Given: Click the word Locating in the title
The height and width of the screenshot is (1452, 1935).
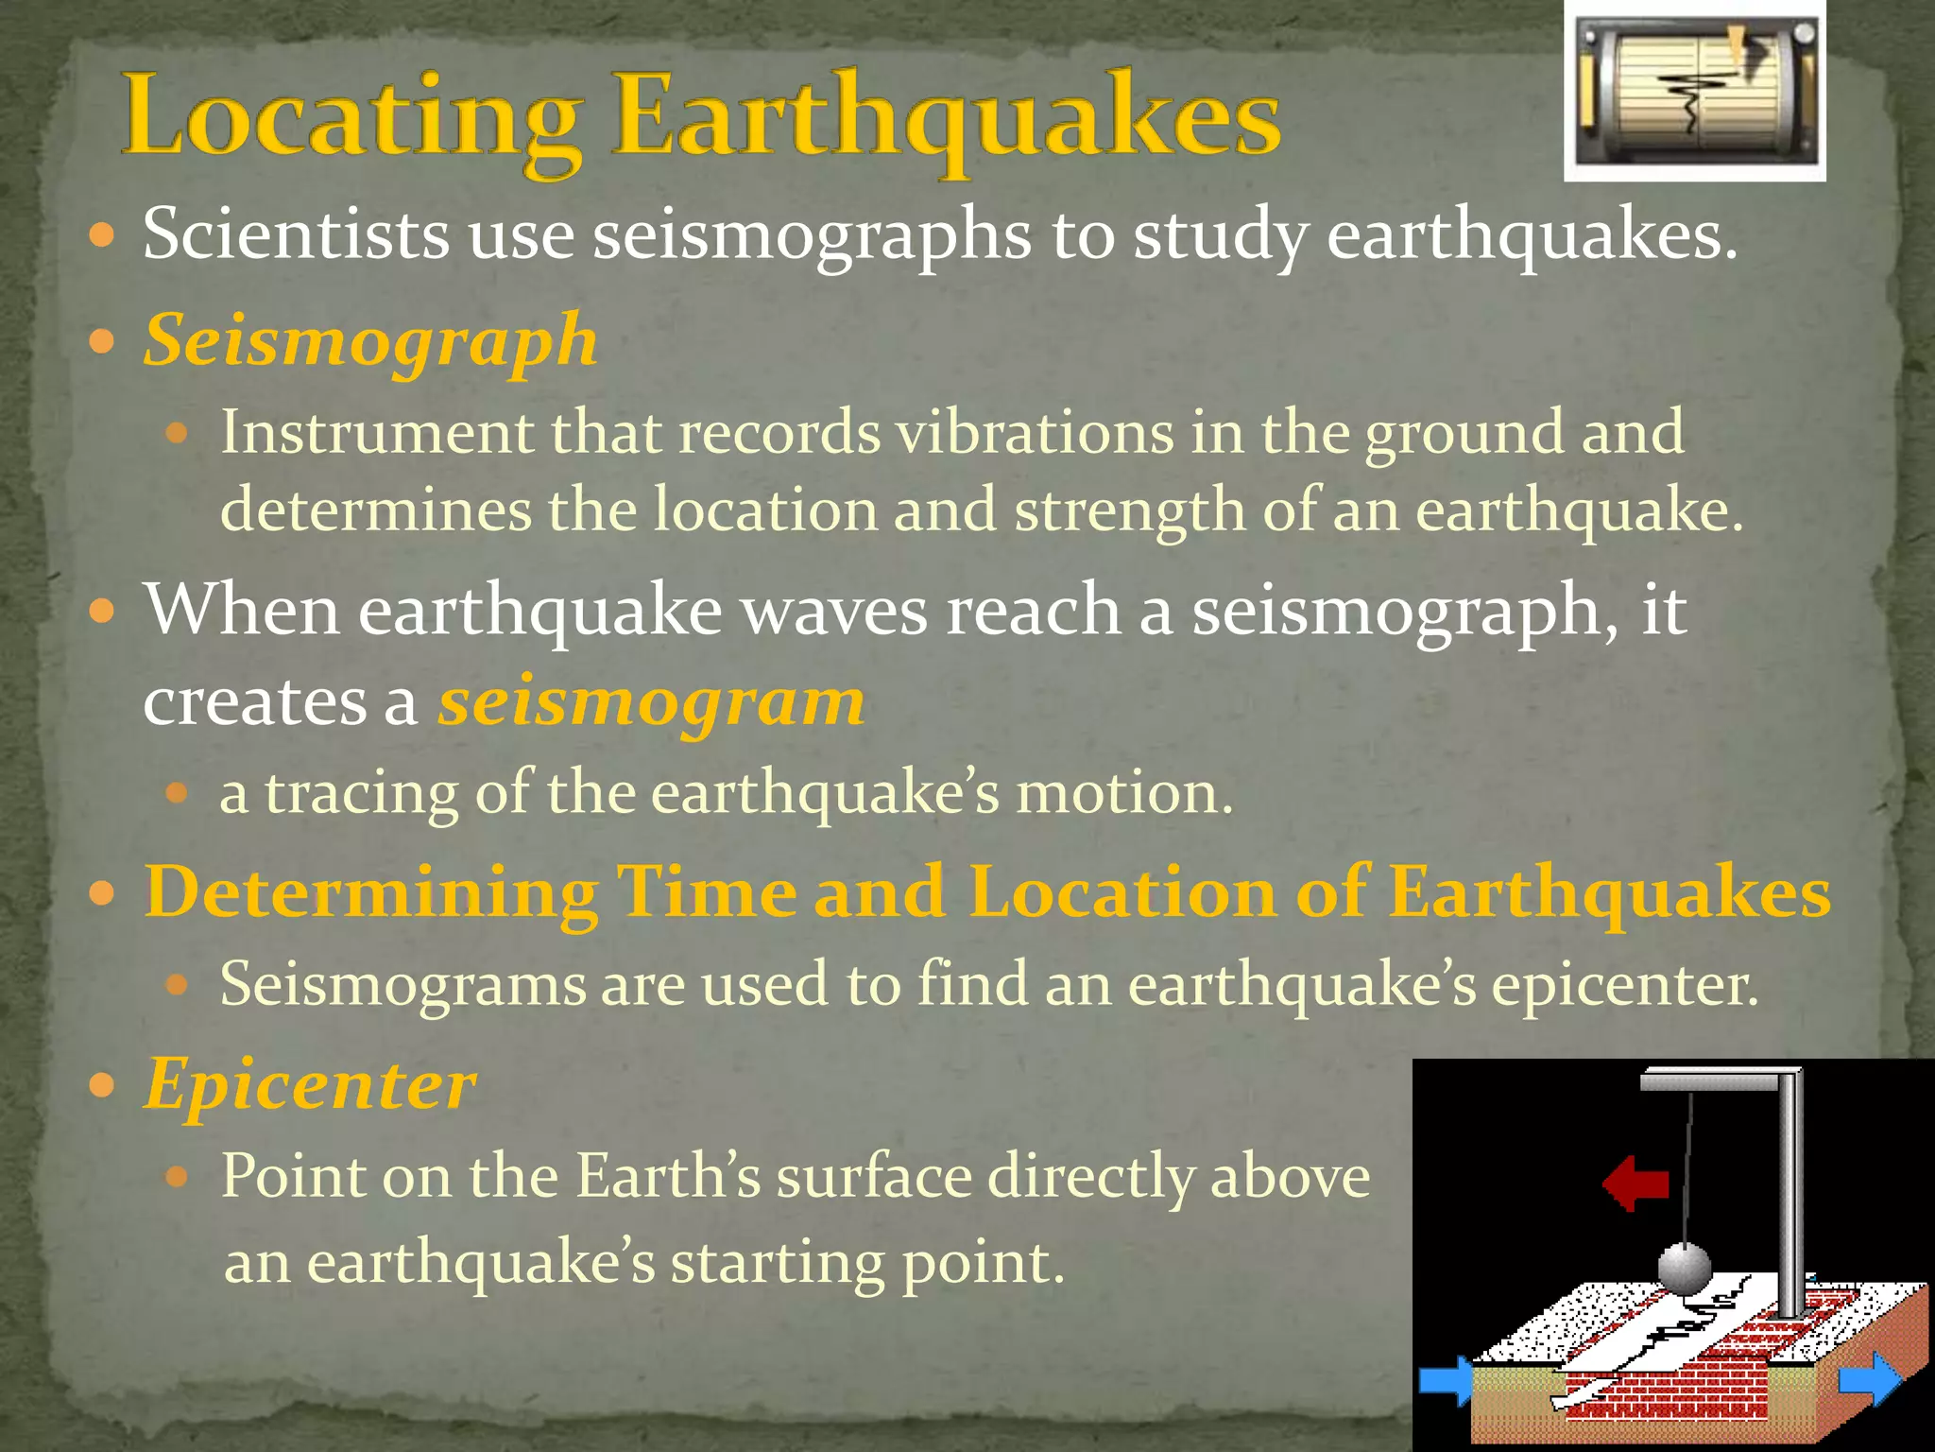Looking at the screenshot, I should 350,118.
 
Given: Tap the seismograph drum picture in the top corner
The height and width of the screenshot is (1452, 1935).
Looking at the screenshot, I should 1694,92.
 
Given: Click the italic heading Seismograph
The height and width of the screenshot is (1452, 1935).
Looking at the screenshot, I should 370,340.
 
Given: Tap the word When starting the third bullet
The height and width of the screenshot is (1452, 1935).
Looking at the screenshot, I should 241,610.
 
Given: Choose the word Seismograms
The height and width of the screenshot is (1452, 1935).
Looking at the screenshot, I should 402,985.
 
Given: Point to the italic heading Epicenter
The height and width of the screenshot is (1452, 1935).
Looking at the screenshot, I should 310,1084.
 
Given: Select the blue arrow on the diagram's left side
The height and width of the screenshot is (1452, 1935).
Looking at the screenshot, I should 1446,1381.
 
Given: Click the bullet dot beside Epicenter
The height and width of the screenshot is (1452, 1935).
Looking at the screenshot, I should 101,1084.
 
